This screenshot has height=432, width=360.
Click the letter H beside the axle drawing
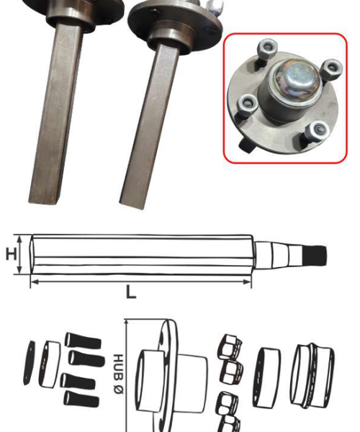[12, 254]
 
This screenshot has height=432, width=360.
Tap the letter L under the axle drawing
[131, 292]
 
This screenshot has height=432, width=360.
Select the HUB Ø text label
[118, 374]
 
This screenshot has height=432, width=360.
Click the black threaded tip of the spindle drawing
[314, 256]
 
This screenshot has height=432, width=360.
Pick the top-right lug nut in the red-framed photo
[332, 69]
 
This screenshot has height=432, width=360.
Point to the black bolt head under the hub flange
[246, 145]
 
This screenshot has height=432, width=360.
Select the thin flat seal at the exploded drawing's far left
[28, 363]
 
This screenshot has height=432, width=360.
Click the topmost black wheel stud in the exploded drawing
[83, 341]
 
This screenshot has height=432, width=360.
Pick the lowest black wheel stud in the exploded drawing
[81, 399]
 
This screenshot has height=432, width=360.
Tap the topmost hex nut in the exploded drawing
[230, 347]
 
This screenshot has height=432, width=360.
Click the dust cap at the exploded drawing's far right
[312, 376]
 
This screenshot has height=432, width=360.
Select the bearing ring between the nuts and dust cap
[266, 377]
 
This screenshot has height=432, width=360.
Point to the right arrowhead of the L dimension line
[247, 282]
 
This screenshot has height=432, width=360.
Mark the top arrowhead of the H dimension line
[19, 238]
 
